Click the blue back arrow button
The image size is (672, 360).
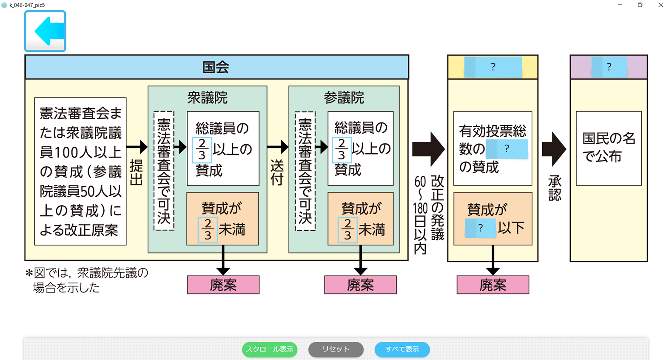click(x=46, y=31)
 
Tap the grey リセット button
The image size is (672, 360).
click(x=336, y=349)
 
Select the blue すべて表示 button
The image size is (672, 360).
click(x=402, y=349)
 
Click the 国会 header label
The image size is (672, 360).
click(x=216, y=67)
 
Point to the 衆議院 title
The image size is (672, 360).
click(x=208, y=98)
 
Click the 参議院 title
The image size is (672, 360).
click(x=344, y=98)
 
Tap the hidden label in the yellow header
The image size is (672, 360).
click(x=493, y=67)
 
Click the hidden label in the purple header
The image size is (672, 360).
click(x=609, y=67)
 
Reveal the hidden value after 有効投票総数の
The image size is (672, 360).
click(x=507, y=149)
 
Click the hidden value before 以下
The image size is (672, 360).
click(x=480, y=228)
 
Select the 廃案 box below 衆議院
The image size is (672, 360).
click(x=223, y=285)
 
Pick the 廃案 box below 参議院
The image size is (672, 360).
click(x=360, y=285)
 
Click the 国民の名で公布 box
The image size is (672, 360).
click(x=609, y=148)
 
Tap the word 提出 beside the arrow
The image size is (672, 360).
click(x=136, y=172)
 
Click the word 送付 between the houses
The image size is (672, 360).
click(x=277, y=172)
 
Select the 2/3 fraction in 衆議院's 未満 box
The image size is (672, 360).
click(x=208, y=230)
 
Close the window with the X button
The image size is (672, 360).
click(x=661, y=5)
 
